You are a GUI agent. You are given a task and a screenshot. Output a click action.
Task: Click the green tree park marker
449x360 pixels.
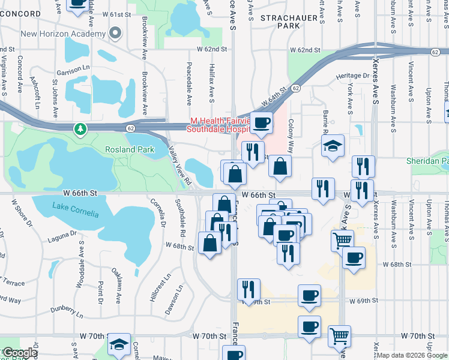pos(79,128)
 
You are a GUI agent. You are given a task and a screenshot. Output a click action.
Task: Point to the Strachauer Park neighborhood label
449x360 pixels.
pos(289,22)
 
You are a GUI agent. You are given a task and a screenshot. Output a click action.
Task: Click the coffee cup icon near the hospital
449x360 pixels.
pos(261,123)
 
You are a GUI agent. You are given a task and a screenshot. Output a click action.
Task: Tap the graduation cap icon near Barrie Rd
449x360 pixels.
pos(332,146)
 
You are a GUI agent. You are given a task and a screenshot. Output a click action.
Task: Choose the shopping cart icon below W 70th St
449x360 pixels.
pos(340,336)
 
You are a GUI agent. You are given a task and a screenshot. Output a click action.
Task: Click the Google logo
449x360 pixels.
pos(20,353)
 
